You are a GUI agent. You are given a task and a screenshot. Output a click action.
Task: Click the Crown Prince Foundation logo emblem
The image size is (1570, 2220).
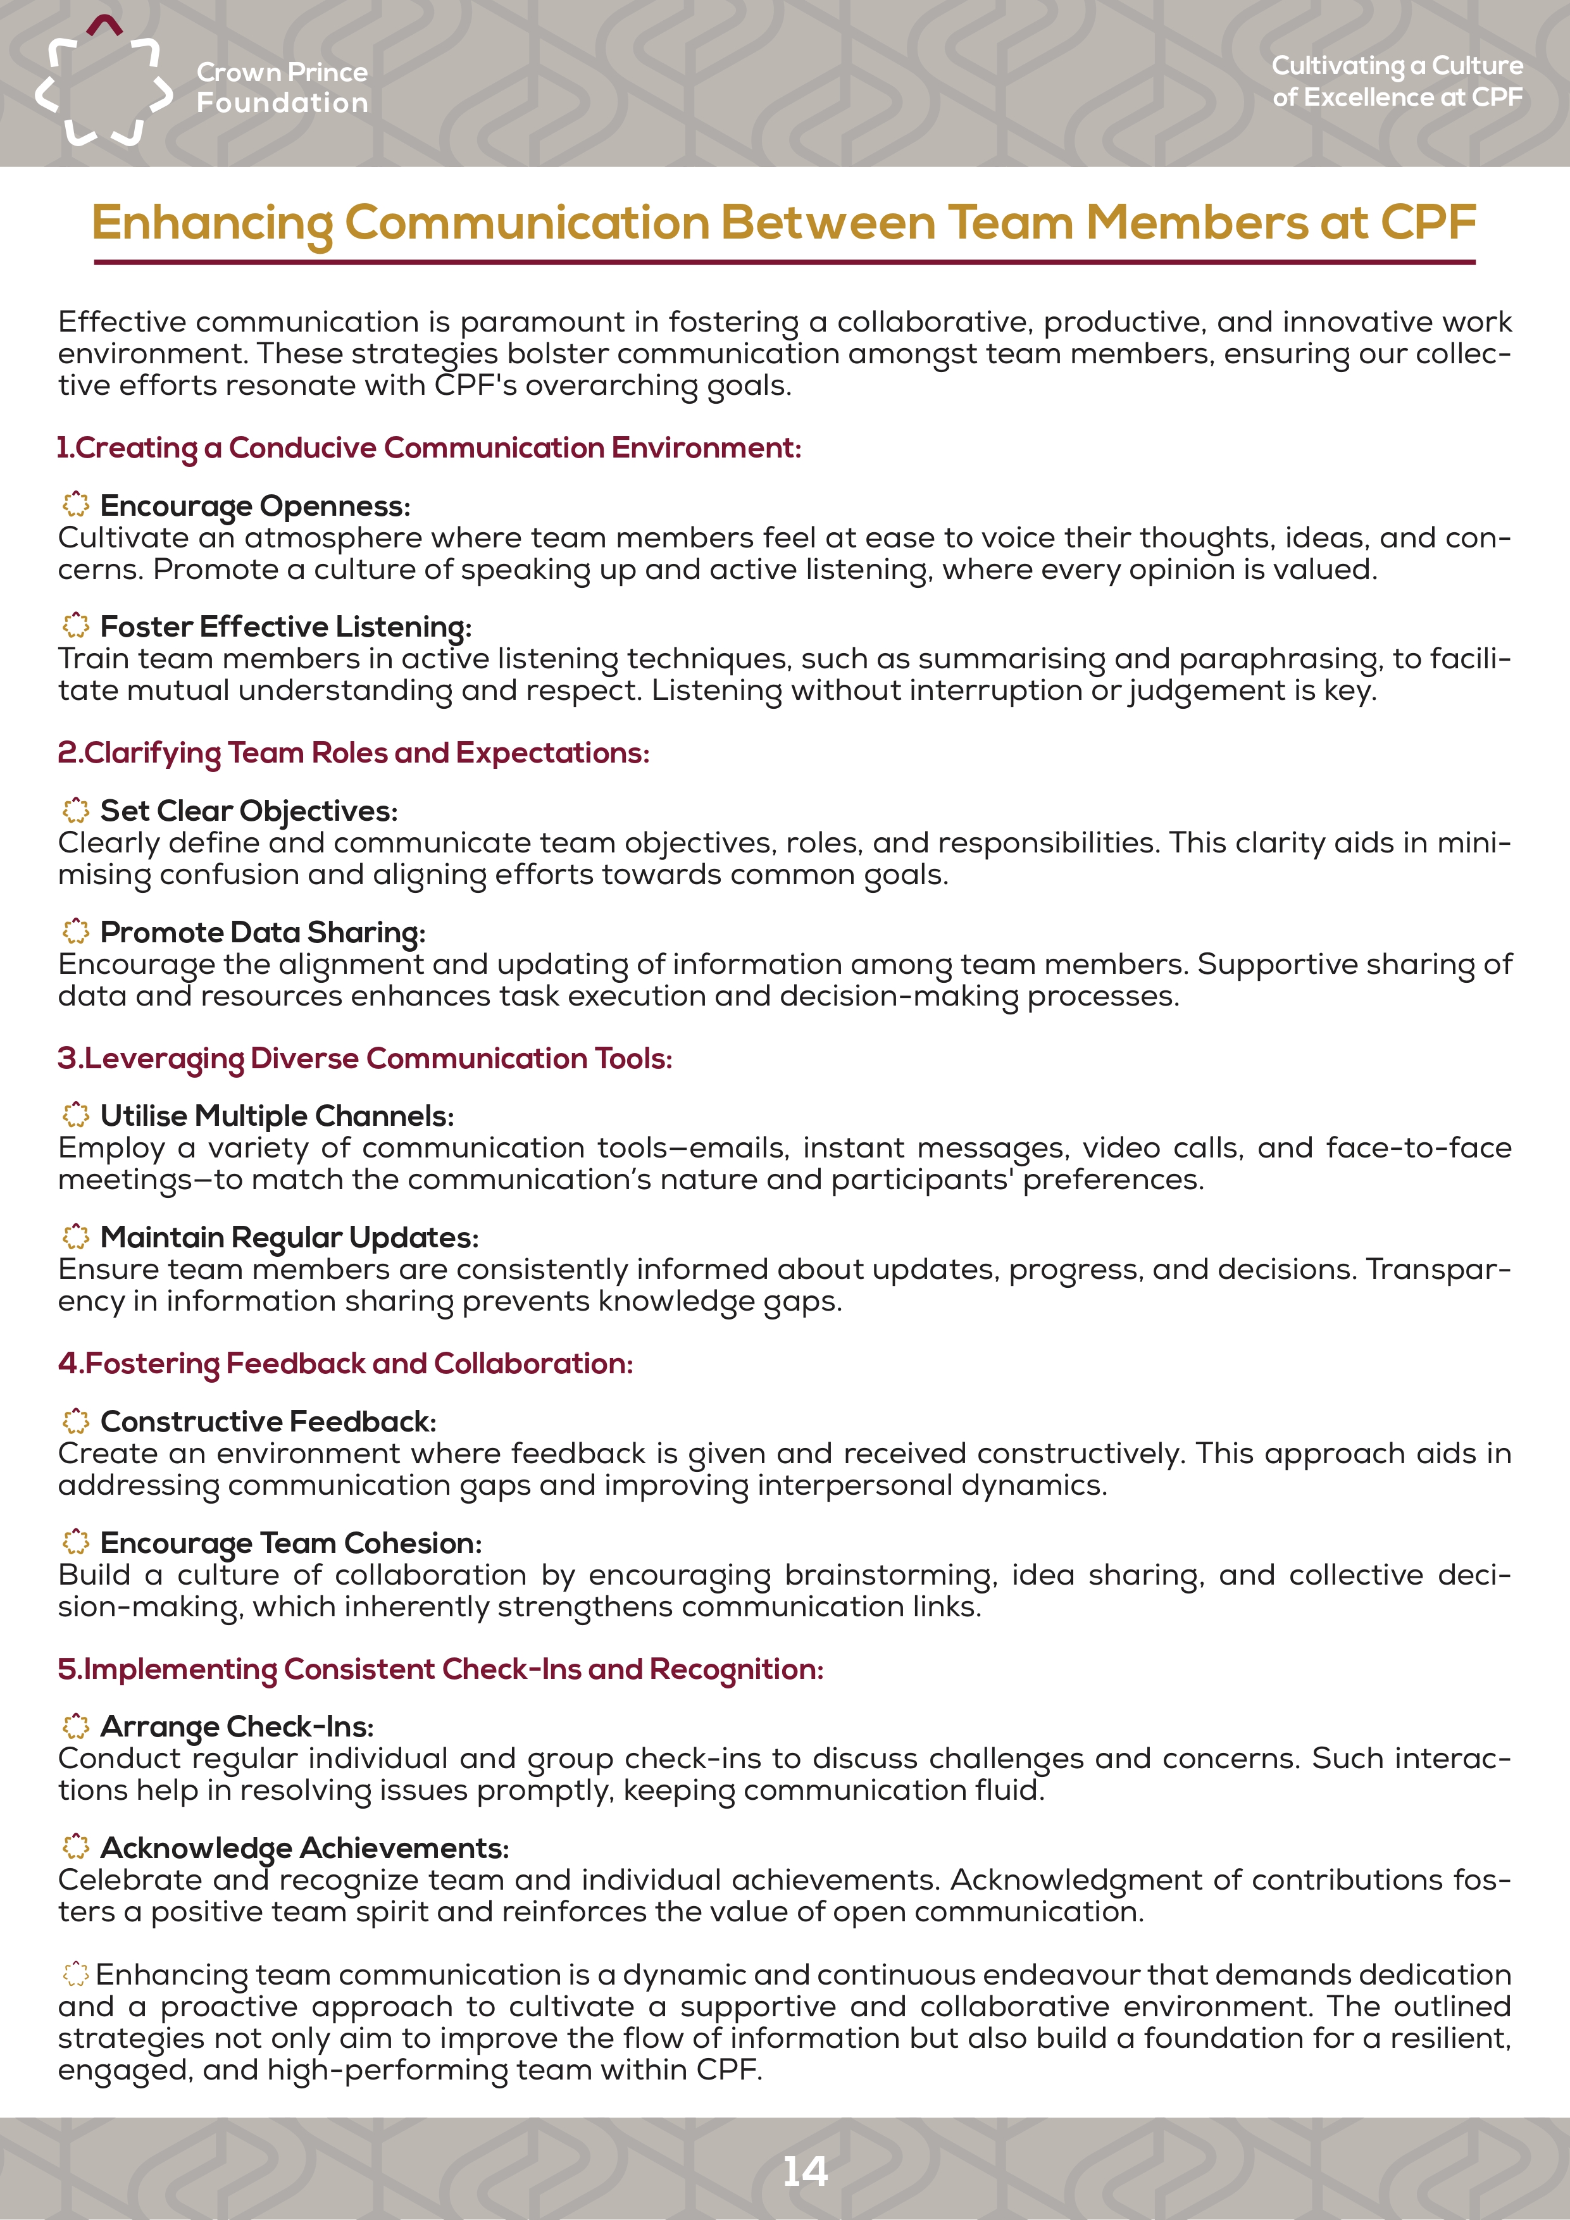coord(103,83)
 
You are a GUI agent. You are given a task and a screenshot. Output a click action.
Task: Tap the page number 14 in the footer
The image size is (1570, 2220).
coord(804,2171)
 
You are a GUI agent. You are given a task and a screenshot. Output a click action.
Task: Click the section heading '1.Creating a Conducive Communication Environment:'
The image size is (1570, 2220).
coord(428,447)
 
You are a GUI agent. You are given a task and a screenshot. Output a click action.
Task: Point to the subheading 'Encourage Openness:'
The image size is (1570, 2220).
coord(255,506)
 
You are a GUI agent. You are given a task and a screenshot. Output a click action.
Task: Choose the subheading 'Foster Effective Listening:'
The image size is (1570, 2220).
coord(285,627)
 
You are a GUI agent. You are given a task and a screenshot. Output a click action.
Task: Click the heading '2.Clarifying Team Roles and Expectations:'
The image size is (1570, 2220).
coord(353,752)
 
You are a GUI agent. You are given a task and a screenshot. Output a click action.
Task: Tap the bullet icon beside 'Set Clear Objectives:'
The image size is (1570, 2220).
coord(75,809)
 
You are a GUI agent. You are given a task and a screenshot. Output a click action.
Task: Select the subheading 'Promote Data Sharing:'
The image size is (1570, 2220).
coord(262,932)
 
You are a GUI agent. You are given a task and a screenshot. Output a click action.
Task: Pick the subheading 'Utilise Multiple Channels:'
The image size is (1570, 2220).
coord(277,1116)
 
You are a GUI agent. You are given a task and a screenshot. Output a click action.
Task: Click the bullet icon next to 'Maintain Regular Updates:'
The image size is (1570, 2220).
coord(75,1236)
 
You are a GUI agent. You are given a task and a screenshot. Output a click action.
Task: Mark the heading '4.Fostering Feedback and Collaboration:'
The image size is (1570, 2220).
coord(345,1363)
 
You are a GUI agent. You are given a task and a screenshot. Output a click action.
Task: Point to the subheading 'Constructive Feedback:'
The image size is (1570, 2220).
coord(268,1421)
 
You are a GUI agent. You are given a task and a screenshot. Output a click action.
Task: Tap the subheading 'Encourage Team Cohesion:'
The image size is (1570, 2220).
coord(290,1542)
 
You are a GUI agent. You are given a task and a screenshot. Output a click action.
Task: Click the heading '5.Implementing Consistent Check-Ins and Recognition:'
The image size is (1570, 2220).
coord(440,1669)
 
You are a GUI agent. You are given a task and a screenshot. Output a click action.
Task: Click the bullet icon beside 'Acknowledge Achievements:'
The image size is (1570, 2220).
coord(75,1847)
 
